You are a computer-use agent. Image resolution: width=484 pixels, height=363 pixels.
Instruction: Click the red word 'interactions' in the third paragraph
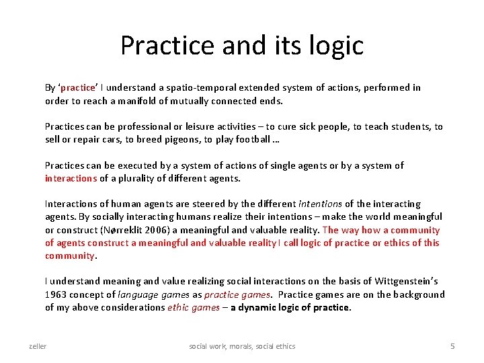click(x=71, y=178)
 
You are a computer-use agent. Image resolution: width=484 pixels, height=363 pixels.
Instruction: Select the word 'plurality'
click(x=138, y=178)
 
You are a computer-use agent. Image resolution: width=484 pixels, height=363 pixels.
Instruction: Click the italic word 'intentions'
click(x=320, y=204)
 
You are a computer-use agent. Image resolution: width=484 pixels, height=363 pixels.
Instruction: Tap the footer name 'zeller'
click(x=38, y=346)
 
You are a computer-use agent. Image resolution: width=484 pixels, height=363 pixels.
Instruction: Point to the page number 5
click(x=452, y=346)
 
